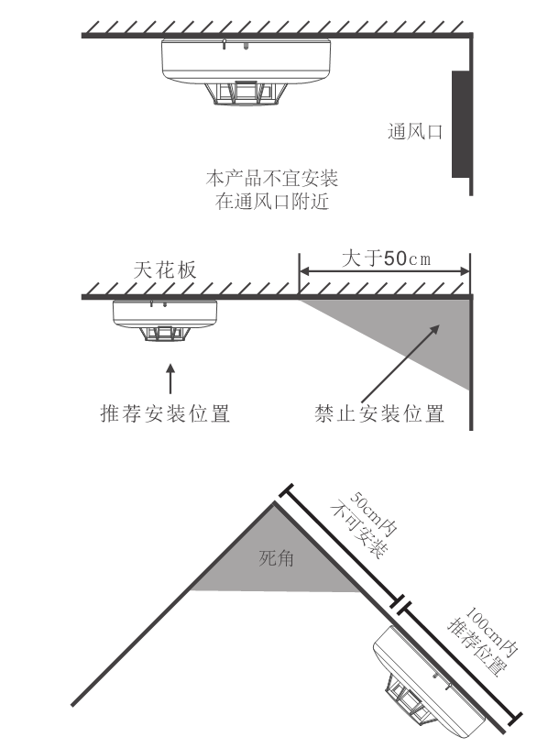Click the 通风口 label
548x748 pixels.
[x=414, y=132]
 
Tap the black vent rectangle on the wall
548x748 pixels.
[x=458, y=123]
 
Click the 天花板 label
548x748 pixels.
[x=165, y=269]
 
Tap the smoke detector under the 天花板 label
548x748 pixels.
[x=164, y=320]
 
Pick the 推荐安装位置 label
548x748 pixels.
[x=164, y=413]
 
